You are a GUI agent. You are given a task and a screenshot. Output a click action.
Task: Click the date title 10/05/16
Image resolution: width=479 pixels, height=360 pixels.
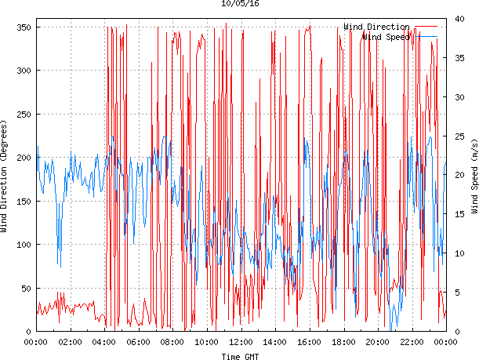[241, 4]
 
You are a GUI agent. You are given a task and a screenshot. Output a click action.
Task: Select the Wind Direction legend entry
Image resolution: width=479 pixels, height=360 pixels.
[376, 27]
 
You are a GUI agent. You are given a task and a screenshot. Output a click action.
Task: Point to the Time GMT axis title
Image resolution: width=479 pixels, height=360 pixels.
[241, 356]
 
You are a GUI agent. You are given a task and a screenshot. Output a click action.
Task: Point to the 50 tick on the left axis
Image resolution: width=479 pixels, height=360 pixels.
[24, 289]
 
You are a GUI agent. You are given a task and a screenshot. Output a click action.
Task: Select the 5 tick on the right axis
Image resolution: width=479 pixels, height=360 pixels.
[455, 293]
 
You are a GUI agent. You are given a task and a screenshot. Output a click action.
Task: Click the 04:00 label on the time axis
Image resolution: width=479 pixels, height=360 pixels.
[104, 343]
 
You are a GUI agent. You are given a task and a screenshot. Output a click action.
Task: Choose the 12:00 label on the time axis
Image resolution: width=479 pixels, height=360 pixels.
[241, 343]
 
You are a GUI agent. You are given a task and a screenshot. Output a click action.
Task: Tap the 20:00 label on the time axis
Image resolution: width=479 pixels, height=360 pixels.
[377, 343]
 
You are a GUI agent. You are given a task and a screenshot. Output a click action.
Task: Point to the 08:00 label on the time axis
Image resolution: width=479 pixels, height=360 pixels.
[172, 343]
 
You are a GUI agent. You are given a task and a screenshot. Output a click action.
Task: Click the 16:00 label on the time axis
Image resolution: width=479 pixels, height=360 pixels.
[309, 343]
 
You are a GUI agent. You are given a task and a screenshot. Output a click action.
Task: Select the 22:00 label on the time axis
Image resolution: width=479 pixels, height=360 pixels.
[412, 343]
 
